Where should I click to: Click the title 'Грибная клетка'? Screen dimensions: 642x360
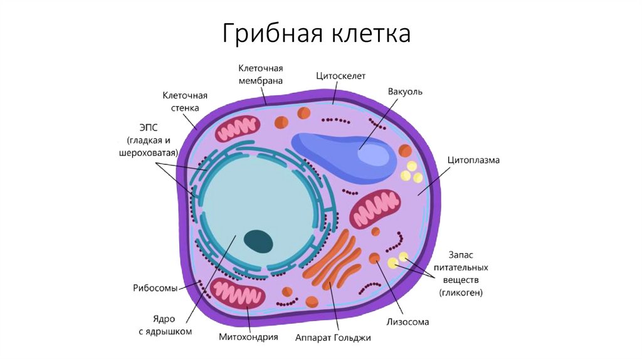316,33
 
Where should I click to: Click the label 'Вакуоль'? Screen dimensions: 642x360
405,92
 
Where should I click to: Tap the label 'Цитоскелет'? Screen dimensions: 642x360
340,76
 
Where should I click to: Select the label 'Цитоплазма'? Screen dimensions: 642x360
473,161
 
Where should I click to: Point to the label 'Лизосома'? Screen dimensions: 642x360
409,322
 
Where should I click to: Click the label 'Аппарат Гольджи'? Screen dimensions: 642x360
333,337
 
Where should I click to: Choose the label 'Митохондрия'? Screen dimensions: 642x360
248,337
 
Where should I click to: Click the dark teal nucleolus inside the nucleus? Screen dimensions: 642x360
258,240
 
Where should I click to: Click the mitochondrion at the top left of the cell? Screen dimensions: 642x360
237,129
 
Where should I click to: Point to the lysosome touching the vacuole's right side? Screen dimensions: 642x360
405,151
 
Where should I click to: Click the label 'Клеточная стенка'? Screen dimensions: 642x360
185,102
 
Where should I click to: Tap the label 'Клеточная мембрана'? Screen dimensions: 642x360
260,74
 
